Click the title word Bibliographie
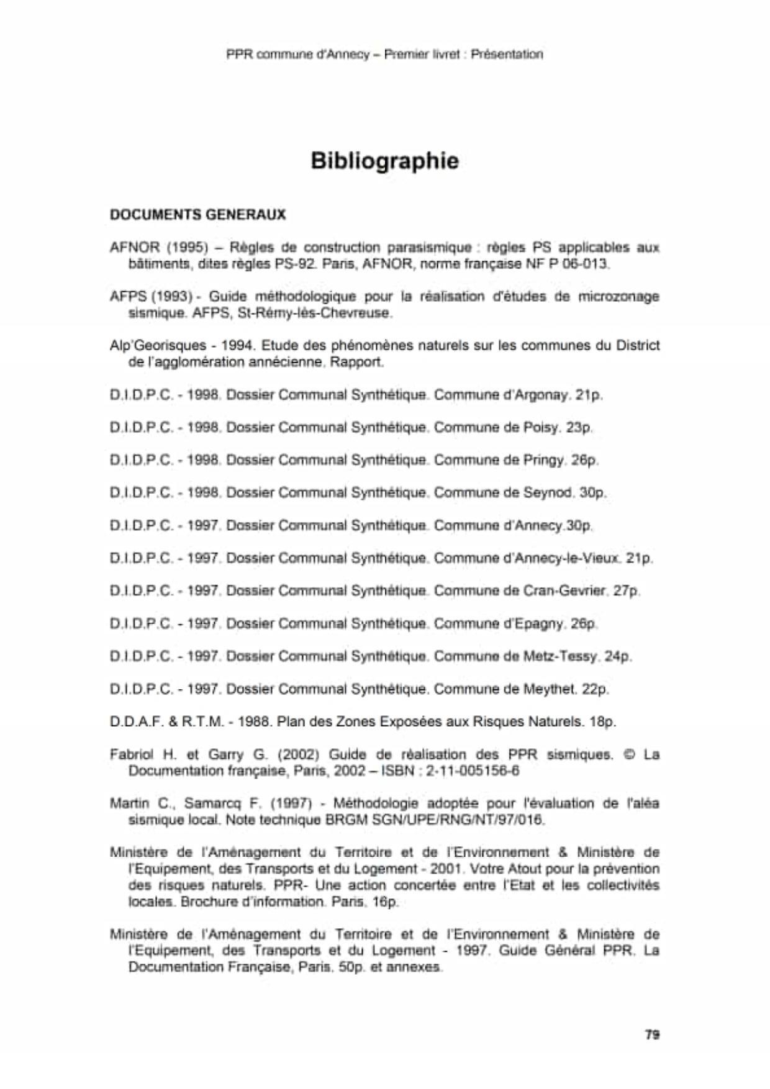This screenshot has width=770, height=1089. pos(384,161)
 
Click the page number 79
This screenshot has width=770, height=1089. pos(652,1034)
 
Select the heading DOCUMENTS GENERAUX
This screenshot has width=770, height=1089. pos(197,215)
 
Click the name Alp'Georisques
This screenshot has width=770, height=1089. pos(158,346)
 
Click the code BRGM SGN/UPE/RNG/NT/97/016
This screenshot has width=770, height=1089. pos(435,820)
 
